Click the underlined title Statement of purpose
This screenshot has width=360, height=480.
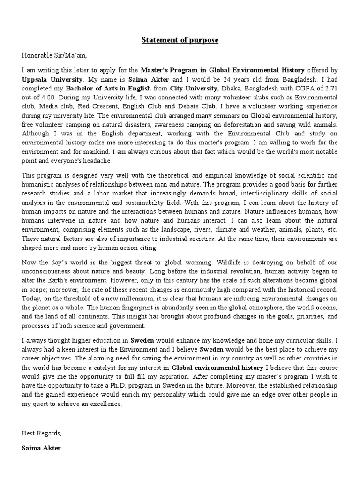point(180,40)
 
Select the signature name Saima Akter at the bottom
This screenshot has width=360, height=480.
point(41,448)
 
